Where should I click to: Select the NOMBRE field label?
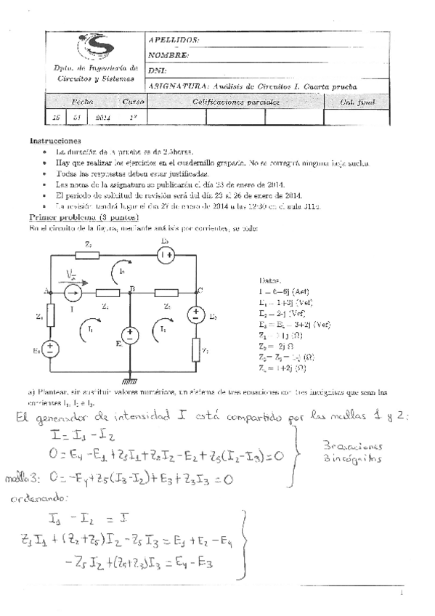coord(168,55)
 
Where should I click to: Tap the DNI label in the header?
coord(158,70)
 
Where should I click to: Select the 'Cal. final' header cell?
coord(357,102)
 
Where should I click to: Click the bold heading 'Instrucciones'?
coord(54,140)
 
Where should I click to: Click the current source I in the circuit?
coord(73,292)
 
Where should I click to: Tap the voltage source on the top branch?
coord(166,254)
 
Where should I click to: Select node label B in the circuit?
coord(131,288)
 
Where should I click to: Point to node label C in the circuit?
coord(199,288)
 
